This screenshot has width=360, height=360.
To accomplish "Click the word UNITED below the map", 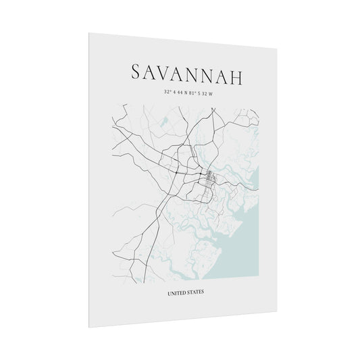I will point(178,292).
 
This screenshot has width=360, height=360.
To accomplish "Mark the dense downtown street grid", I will point(210,179).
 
